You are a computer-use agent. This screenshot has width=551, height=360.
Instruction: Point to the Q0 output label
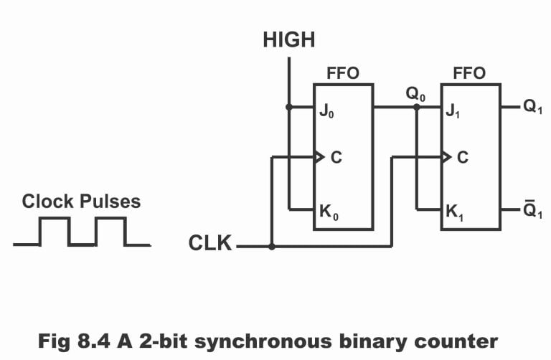[416, 95]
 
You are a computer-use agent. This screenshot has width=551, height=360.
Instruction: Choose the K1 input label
[455, 213]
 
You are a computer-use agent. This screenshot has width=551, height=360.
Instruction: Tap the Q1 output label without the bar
[533, 108]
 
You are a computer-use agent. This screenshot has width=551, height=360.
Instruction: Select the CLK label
[210, 244]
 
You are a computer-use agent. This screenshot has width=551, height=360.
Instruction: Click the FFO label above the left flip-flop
[342, 73]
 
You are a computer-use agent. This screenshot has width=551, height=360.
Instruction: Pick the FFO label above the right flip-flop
[469, 73]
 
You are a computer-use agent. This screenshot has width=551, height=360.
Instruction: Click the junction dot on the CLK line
[271, 247]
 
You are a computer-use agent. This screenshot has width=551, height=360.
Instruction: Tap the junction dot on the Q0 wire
[416, 108]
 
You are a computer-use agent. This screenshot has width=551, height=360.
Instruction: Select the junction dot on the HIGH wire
[289, 108]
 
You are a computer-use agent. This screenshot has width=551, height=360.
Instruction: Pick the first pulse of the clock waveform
[55, 231]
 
